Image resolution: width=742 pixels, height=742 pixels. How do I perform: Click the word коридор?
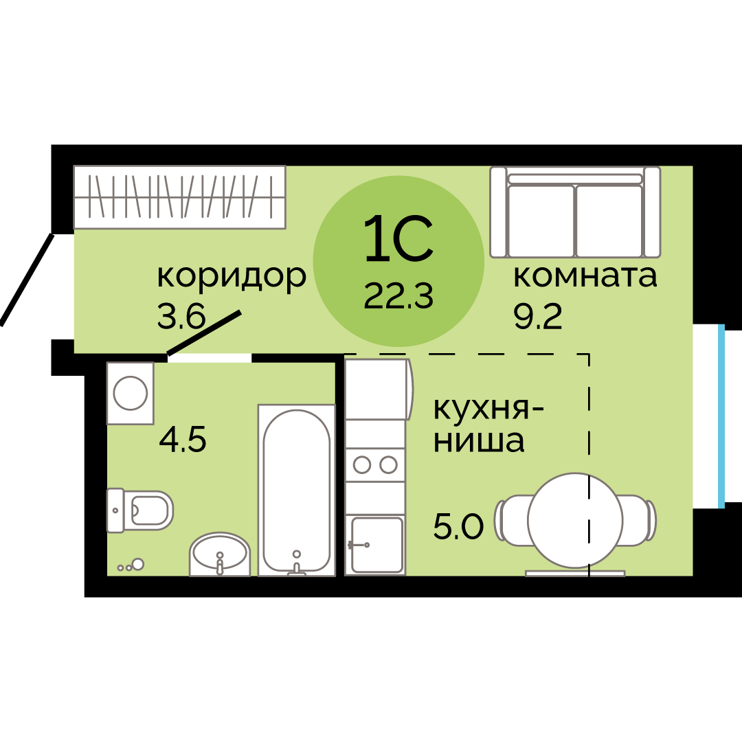coord(231,277)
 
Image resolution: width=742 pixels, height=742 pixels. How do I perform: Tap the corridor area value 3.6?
coord(181,317)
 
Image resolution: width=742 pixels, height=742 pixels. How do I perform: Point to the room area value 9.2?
coord(537,317)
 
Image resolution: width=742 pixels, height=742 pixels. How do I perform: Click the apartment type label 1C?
coord(398,238)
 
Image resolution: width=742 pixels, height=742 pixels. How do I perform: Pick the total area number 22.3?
coord(398,297)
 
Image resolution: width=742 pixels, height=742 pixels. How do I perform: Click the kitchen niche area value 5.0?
coord(458,527)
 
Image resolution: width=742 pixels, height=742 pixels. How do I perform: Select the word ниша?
coord(479,441)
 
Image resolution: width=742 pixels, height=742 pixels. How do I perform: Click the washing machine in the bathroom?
coord(131,394)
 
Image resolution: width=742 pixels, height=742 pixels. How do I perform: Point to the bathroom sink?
coord(220,554)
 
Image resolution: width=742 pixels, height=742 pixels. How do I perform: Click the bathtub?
coord(296,489)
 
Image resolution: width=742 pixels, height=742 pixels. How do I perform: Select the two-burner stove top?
coord(375,465)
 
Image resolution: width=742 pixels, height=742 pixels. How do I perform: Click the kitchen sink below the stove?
coord(376,544)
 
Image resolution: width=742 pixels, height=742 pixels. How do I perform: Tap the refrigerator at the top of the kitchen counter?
coord(378,389)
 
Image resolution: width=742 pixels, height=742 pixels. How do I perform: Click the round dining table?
coord(575,520)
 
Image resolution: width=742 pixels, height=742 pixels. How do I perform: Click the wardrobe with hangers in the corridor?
coord(179,196)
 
